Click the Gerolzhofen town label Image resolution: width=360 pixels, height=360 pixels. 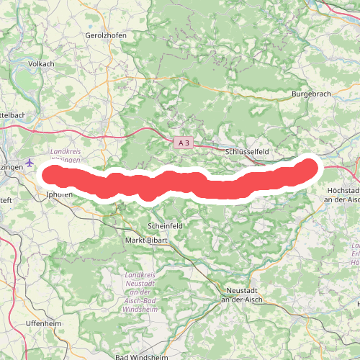coord(106,35)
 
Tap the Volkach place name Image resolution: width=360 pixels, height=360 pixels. coord(41,64)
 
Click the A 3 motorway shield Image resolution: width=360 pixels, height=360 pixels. coord(183,144)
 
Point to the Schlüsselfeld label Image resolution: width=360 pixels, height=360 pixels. coord(247,153)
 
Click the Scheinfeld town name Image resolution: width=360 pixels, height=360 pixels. coord(165,225)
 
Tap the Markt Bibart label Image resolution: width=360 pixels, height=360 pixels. coord(145,240)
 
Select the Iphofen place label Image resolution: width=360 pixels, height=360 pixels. coord(59,194)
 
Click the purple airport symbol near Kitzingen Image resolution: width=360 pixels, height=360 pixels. coord(29,163)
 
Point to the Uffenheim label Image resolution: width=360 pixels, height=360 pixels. coord(42,323)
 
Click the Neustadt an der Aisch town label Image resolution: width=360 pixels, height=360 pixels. coord(242,294)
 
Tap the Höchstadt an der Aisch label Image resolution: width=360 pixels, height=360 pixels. coord(343,193)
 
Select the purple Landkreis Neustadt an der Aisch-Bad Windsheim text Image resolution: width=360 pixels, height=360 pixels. coord(140,292)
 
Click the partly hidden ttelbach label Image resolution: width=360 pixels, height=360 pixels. coord(13,114)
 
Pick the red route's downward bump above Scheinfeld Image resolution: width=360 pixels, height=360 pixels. coord(148,192)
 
